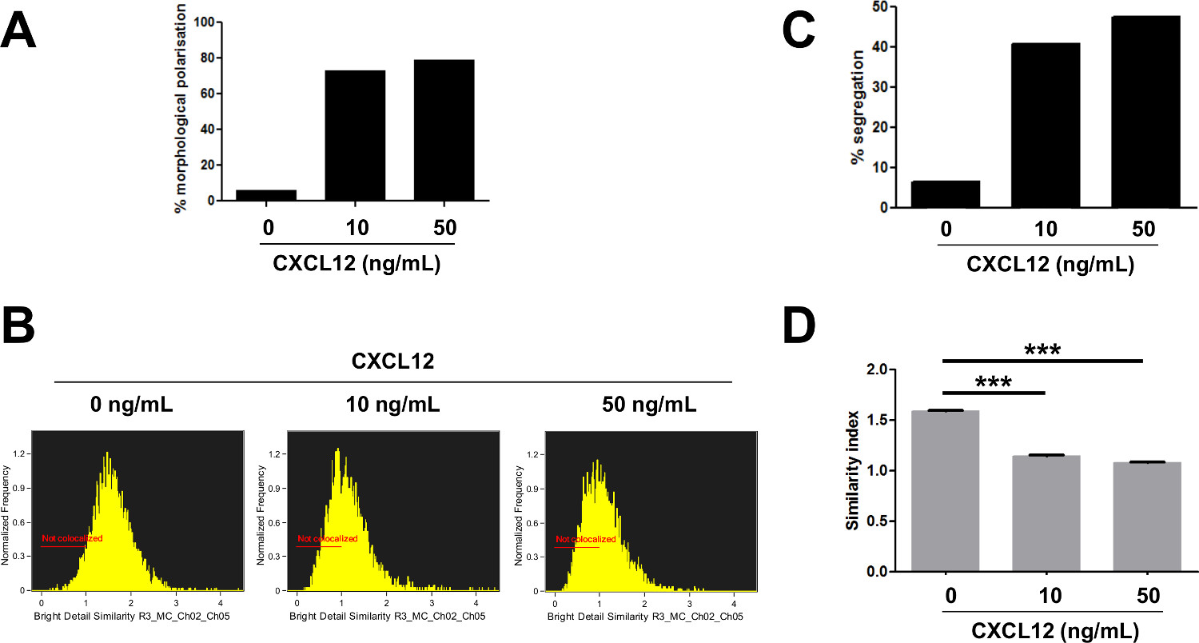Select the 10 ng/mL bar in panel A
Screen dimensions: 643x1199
click(355, 136)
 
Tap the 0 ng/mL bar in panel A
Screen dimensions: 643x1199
click(265, 195)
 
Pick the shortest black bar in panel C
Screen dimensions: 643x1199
click(946, 194)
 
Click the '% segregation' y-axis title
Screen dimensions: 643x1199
click(858, 108)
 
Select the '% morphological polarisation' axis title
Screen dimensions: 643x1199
click(180, 108)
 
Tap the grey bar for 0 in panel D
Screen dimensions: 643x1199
click(946, 491)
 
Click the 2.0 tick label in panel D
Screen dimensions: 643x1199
click(878, 369)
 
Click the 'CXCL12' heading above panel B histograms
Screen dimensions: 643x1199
click(392, 361)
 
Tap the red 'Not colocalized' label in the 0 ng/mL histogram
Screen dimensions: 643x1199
click(72, 539)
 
